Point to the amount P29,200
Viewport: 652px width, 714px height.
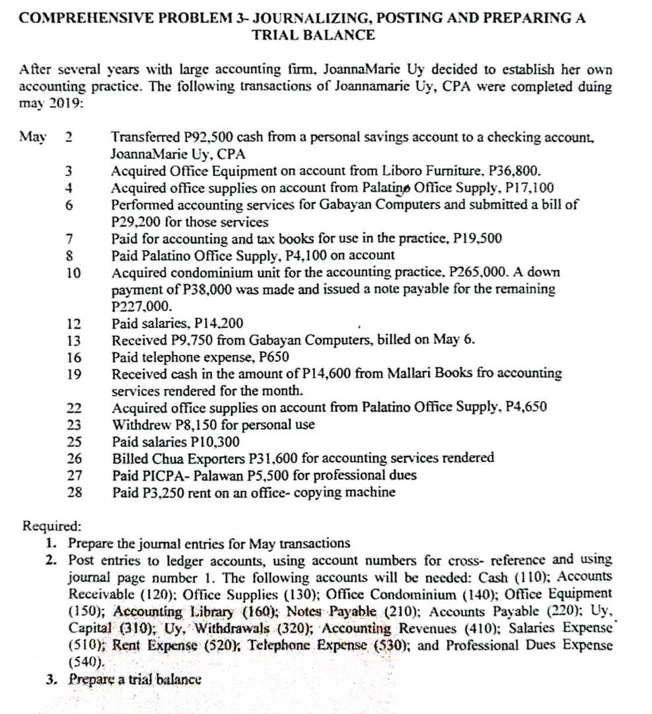click(x=138, y=221)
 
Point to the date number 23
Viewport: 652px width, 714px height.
click(x=75, y=425)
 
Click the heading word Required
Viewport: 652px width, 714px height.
click(x=52, y=527)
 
